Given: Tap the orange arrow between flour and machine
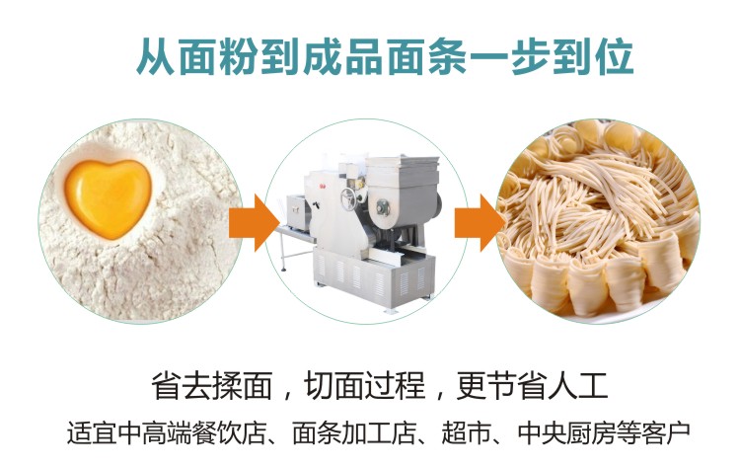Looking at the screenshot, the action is tap(254, 222).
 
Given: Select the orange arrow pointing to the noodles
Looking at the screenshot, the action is tap(480, 222).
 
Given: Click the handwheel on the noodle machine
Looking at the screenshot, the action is tap(348, 197).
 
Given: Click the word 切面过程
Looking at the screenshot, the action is tap(365, 386).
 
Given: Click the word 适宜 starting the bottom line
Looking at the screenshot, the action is tap(92, 432).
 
